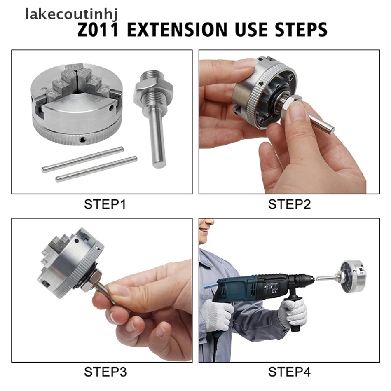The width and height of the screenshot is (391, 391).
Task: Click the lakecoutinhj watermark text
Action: [x=71, y=15]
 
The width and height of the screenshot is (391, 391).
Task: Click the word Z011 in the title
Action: [x=98, y=30]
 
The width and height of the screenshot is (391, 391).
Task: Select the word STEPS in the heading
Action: [x=301, y=30]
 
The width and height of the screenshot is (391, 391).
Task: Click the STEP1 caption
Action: [x=105, y=205]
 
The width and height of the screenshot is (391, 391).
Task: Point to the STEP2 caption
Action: [x=289, y=205]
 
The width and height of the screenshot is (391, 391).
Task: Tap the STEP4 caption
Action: [x=289, y=372]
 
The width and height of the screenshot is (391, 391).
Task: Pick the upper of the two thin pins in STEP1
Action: [x=83, y=159]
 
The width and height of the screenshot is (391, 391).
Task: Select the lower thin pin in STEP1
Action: [x=96, y=169]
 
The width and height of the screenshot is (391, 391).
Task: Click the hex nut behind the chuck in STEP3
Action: [x=93, y=281]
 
